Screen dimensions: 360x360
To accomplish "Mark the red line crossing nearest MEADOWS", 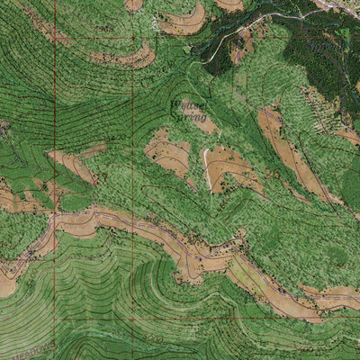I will coord(54,342).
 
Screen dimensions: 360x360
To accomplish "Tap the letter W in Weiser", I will coord(175,105).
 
